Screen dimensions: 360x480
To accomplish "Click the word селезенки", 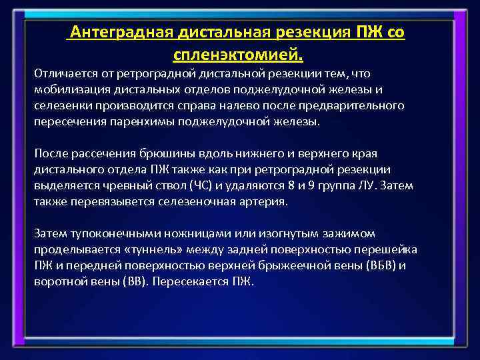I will (60, 106).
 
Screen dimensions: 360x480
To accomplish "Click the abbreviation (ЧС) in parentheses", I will (203, 185).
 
